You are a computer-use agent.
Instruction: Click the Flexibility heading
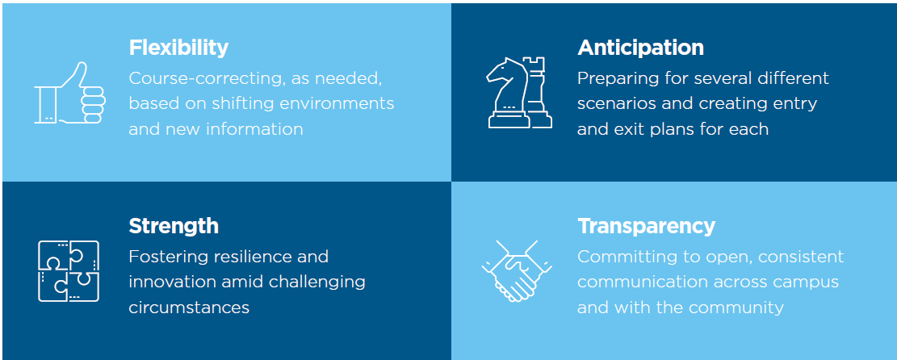(178, 48)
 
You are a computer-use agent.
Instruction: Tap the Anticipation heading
(641, 48)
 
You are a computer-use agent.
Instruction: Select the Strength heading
(174, 226)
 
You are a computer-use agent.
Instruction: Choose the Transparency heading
(647, 226)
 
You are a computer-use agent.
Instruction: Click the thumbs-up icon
(69, 93)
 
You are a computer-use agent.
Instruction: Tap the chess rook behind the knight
(538, 91)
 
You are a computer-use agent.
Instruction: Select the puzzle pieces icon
(69, 270)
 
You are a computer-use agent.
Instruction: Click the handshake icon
(518, 270)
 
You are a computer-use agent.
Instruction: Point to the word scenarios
(618, 103)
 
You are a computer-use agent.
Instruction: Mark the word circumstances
(190, 308)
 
